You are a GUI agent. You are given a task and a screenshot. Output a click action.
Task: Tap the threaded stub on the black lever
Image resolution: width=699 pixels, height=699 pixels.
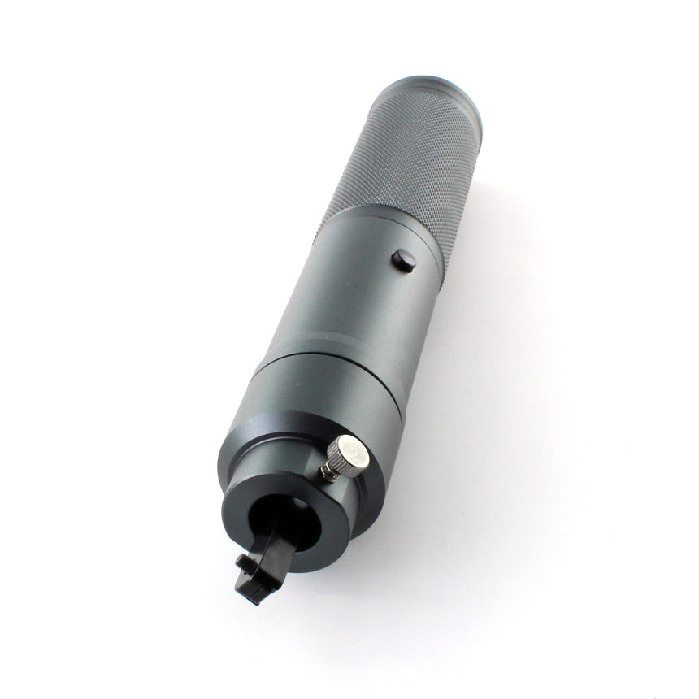click(241, 561)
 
